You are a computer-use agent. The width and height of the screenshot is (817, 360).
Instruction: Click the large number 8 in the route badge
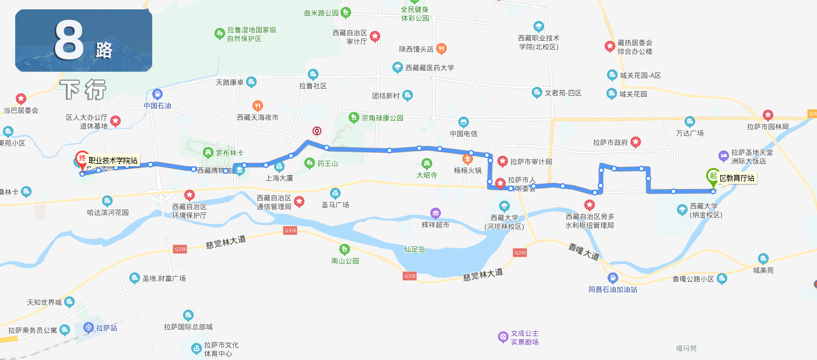point(69,41)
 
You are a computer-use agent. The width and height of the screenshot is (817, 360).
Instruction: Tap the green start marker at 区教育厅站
point(713,176)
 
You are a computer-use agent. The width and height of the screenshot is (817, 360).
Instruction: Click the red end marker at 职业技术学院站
point(82,159)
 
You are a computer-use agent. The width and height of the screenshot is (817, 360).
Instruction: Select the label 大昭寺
point(426,174)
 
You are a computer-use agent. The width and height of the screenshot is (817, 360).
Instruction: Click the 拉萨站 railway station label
point(107,328)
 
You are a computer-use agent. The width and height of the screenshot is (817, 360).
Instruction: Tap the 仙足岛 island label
point(415,249)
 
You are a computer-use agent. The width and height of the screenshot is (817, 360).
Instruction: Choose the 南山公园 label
point(345,261)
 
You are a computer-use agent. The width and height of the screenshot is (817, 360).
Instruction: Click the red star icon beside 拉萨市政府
point(636,142)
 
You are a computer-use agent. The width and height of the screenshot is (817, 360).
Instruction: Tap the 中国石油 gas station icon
point(157,94)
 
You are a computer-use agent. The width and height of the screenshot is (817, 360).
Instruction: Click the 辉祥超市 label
point(435,225)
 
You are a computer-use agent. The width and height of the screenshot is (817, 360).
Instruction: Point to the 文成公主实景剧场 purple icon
point(503,337)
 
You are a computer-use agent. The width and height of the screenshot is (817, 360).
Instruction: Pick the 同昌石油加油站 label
point(612,289)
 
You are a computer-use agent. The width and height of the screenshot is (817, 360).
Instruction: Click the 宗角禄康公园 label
point(382,118)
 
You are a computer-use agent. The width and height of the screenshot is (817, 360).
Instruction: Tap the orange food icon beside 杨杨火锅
point(467,158)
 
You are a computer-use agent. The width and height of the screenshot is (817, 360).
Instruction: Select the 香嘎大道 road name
point(583,252)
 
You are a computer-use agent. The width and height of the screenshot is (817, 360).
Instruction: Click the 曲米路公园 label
point(321,12)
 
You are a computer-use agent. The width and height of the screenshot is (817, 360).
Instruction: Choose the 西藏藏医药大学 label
point(429,68)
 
